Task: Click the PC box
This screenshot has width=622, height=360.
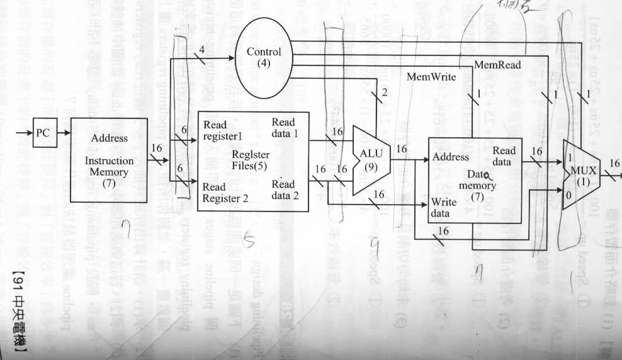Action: click(x=43, y=133)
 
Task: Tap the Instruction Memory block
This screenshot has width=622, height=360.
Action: click(x=109, y=160)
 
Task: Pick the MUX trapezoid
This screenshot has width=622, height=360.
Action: click(x=580, y=174)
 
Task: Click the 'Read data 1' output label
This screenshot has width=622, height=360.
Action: click(x=288, y=127)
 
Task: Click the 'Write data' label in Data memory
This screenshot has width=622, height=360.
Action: click(x=443, y=208)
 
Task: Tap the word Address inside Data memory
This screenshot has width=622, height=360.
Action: click(x=451, y=157)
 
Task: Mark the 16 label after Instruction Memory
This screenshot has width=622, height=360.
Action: click(x=159, y=149)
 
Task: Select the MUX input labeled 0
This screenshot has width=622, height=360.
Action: click(x=569, y=196)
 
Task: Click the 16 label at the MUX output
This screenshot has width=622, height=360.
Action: click(x=614, y=164)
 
